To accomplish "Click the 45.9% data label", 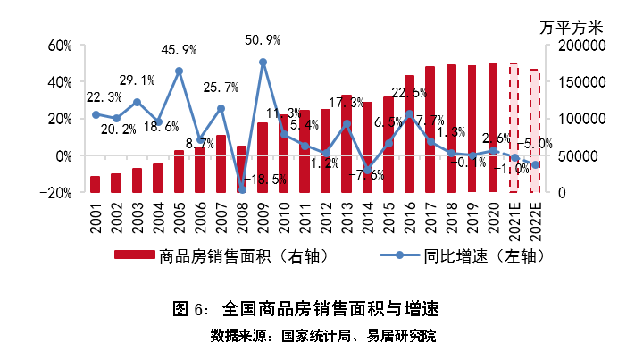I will point(180,49).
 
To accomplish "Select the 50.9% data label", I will point(263,40).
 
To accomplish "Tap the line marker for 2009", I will point(263,63).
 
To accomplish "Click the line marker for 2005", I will point(179,71).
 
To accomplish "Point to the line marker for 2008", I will point(241,189).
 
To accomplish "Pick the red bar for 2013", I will point(347,143).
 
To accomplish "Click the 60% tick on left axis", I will point(59,45).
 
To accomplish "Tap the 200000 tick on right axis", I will point(581,45).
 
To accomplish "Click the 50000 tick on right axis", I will point(585,155).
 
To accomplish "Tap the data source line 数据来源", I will point(322,336).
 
